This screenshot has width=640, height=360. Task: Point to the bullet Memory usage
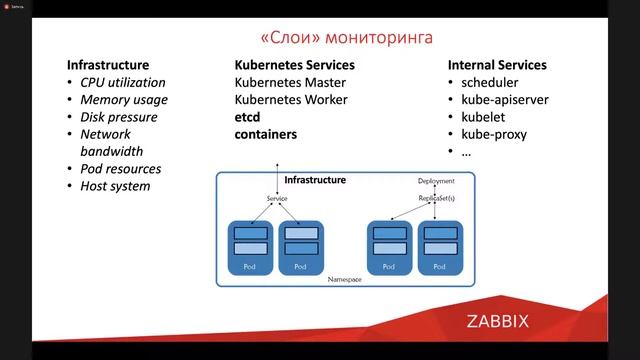pyautogui.click(x=124, y=100)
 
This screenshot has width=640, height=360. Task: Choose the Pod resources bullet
pyautogui.click(x=121, y=169)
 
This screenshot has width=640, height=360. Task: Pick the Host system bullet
pyautogui.click(x=116, y=186)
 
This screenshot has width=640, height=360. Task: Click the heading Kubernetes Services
pyautogui.click(x=295, y=65)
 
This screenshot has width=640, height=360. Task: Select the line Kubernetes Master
pyautogui.click(x=289, y=83)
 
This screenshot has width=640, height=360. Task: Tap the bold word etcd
pyautogui.click(x=248, y=117)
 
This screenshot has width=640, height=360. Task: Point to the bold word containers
pyautogui.click(x=266, y=134)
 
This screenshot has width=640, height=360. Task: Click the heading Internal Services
pyautogui.click(x=504, y=65)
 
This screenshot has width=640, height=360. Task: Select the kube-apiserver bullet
pyautogui.click(x=505, y=100)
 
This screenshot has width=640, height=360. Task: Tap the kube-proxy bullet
pyautogui.click(x=494, y=134)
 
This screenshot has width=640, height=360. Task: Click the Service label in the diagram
pyautogui.click(x=277, y=199)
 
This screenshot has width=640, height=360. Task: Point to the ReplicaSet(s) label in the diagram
pyautogui.click(x=436, y=199)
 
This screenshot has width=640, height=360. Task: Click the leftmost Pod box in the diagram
pyautogui.click(x=251, y=247)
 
